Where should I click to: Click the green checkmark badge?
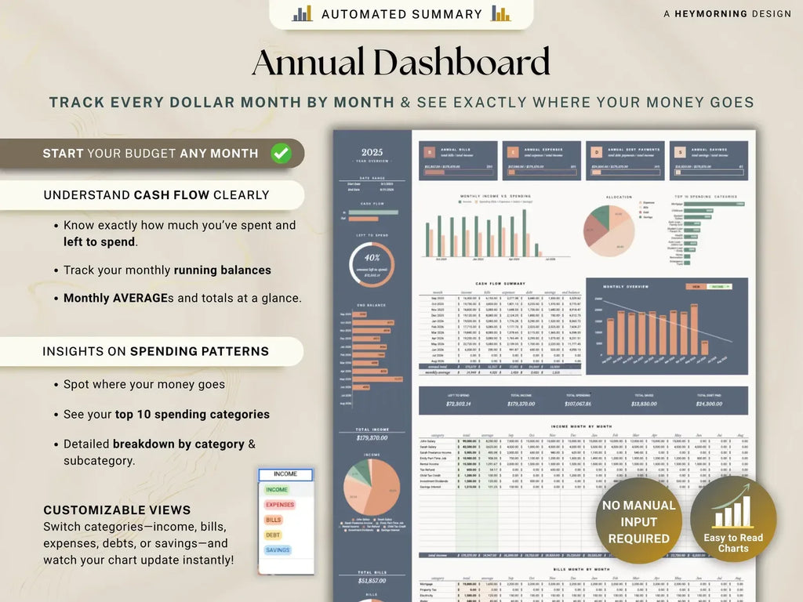coord(281,153)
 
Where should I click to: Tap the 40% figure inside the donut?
coord(372,257)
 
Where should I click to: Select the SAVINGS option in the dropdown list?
coord(278,550)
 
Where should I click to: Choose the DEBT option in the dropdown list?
coord(273,535)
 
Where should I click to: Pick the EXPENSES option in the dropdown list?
coord(279,505)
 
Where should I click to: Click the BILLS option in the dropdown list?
coord(274,520)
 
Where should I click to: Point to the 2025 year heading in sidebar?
coord(372,153)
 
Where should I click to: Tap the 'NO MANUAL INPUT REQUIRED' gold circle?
coord(638,521)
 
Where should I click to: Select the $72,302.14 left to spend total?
coord(458,404)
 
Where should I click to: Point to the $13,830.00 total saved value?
coord(645,404)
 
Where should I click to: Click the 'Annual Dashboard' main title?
coord(401,63)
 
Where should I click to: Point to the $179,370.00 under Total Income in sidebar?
coord(372,438)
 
